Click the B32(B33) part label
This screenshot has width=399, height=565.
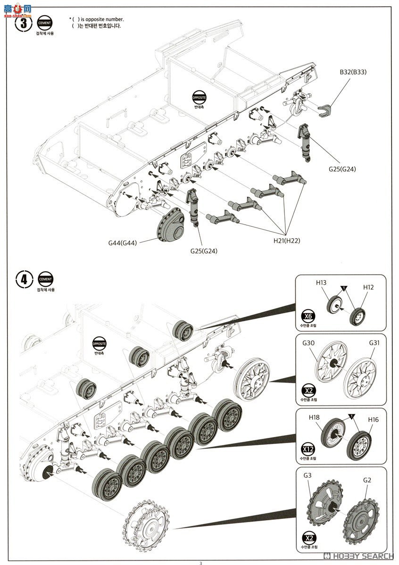tap(353, 72)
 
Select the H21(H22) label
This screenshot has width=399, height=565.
tap(286, 241)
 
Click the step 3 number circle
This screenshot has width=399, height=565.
tap(24, 23)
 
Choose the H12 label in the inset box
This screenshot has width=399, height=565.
tap(368, 287)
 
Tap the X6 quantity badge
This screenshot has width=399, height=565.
tap(308, 316)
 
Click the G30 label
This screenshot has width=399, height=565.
tap(308, 343)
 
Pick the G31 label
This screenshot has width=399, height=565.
tap(374, 343)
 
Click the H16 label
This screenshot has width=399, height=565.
tap(374, 419)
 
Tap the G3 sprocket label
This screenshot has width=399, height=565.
tap(308, 475)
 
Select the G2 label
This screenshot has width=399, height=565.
tap(367, 480)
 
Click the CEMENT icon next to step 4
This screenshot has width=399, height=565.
tap(45, 279)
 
